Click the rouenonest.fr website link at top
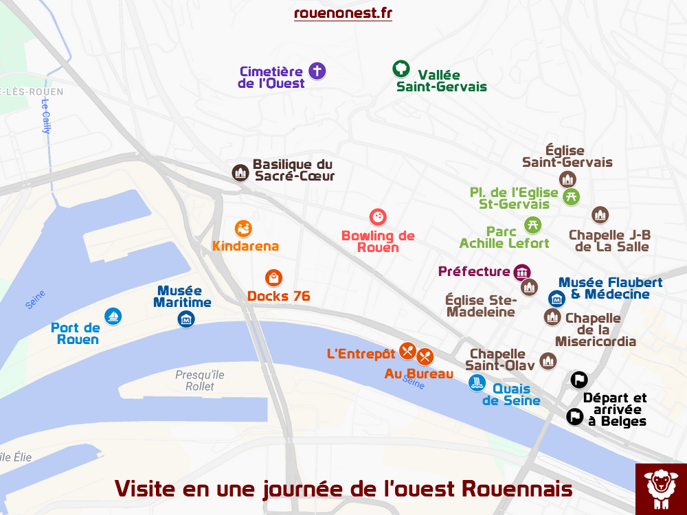pyautogui.click(x=343, y=13)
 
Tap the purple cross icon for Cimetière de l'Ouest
pyautogui.click(x=317, y=70)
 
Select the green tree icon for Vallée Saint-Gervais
pyautogui.click(x=401, y=69)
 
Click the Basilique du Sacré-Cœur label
pyautogui.click(x=293, y=170)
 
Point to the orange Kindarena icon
pyautogui.click(x=243, y=229)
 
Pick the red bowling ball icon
pyautogui.click(x=377, y=218)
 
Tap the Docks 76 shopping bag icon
pyautogui.click(x=273, y=278)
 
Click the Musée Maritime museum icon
pyautogui.click(x=185, y=319)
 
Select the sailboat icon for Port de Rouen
pyautogui.click(x=113, y=316)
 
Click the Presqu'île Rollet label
pyautogui.click(x=199, y=380)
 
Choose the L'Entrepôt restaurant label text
pyautogui.click(x=361, y=354)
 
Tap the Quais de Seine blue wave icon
pyautogui.click(x=477, y=383)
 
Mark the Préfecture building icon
pyautogui.click(x=522, y=272)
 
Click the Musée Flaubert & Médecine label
pyautogui.click(x=610, y=288)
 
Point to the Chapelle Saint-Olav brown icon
pyautogui.click(x=548, y=360)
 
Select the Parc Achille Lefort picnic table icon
pyautogui.click(x=532, y=225)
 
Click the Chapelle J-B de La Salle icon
pyautogui.click(x=600, y=215)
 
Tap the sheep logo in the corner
pyautogui.click(x=660, y=488)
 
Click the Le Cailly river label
pyautogui.click(x=47, y=117)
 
